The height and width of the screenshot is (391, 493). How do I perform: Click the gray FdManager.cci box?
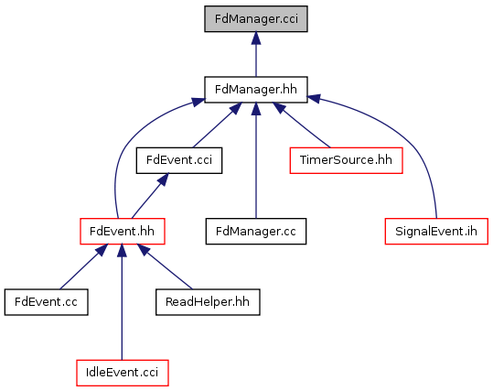tap(256, 19)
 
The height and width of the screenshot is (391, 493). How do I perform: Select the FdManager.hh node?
tap(256, 90)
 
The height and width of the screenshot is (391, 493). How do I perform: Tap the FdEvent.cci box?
tap(179, 160)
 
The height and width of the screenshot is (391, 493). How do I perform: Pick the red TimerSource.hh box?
tap(346, 160)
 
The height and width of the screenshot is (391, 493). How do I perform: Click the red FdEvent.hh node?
tap(123, 231)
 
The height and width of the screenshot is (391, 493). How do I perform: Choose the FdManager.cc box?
tap(256, 231)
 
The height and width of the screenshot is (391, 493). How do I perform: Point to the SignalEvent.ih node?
tap(436, 231)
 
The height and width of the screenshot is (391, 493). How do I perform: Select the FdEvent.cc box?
tap(47, 302)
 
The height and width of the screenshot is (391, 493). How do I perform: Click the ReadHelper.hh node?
tap(208, 302)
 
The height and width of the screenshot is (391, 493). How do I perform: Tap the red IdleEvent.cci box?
tap(123, 373)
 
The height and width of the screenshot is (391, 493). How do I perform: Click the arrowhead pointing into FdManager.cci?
tap(256, 38)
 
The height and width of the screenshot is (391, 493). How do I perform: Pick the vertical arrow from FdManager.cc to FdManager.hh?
tap(256, 160)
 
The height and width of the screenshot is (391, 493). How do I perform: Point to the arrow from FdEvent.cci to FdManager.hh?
tap(218, 125)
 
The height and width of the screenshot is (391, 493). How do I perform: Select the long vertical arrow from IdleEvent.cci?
tap(122, 302)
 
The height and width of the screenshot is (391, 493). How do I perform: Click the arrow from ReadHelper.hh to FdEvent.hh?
tap(165, 266)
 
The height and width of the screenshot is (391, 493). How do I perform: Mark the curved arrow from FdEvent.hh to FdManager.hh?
tap(129, 145)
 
